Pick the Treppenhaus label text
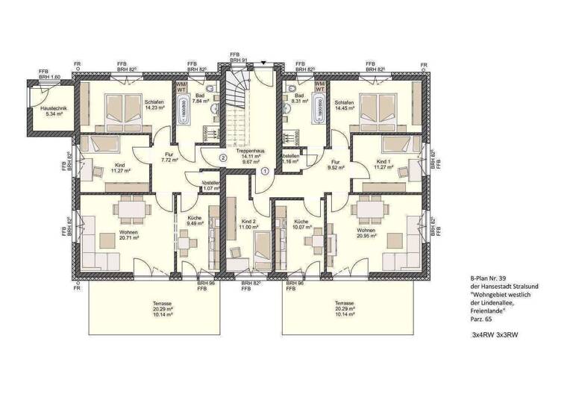pyautogui.click(x=246, y=151)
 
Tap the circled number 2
pyautogui.click(x=222, y=157)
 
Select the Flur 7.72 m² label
pyautogui.click(x=169, y=157)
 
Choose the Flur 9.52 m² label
pyautogui.click(x=336, y=164)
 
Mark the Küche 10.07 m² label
pyautogui.click(x=301, y=225)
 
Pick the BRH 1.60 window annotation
pyautogui.click(x=50, y=76)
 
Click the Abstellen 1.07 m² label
pyautogui.click(x=212, y=186)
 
